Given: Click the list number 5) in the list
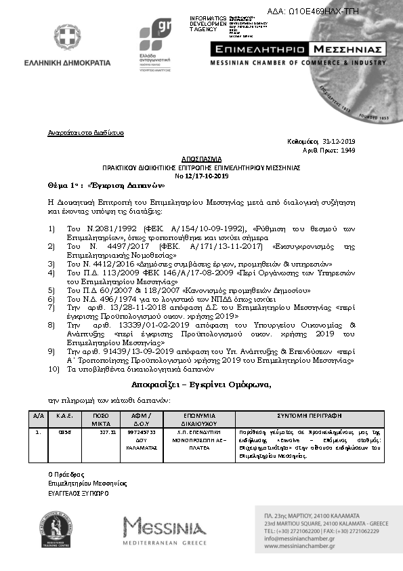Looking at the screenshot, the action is click(51, 290).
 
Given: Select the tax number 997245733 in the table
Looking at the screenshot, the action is click(142, 431).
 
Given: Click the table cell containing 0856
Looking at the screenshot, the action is click(64, 431).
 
